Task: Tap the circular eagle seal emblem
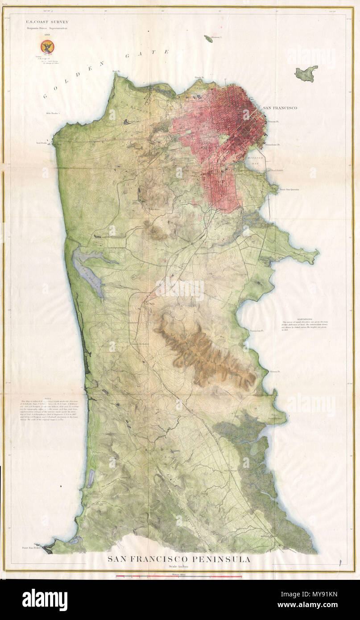coord(46,46)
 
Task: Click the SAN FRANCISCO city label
coord(280,108)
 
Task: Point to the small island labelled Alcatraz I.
coord(209,38)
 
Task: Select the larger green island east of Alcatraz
coord(306,73)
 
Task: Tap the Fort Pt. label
coord(116,71)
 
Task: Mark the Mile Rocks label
coord(52,113)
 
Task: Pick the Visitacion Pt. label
coord(257,331)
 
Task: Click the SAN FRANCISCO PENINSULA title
coord(178,559)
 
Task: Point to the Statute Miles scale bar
coord(178,577)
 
